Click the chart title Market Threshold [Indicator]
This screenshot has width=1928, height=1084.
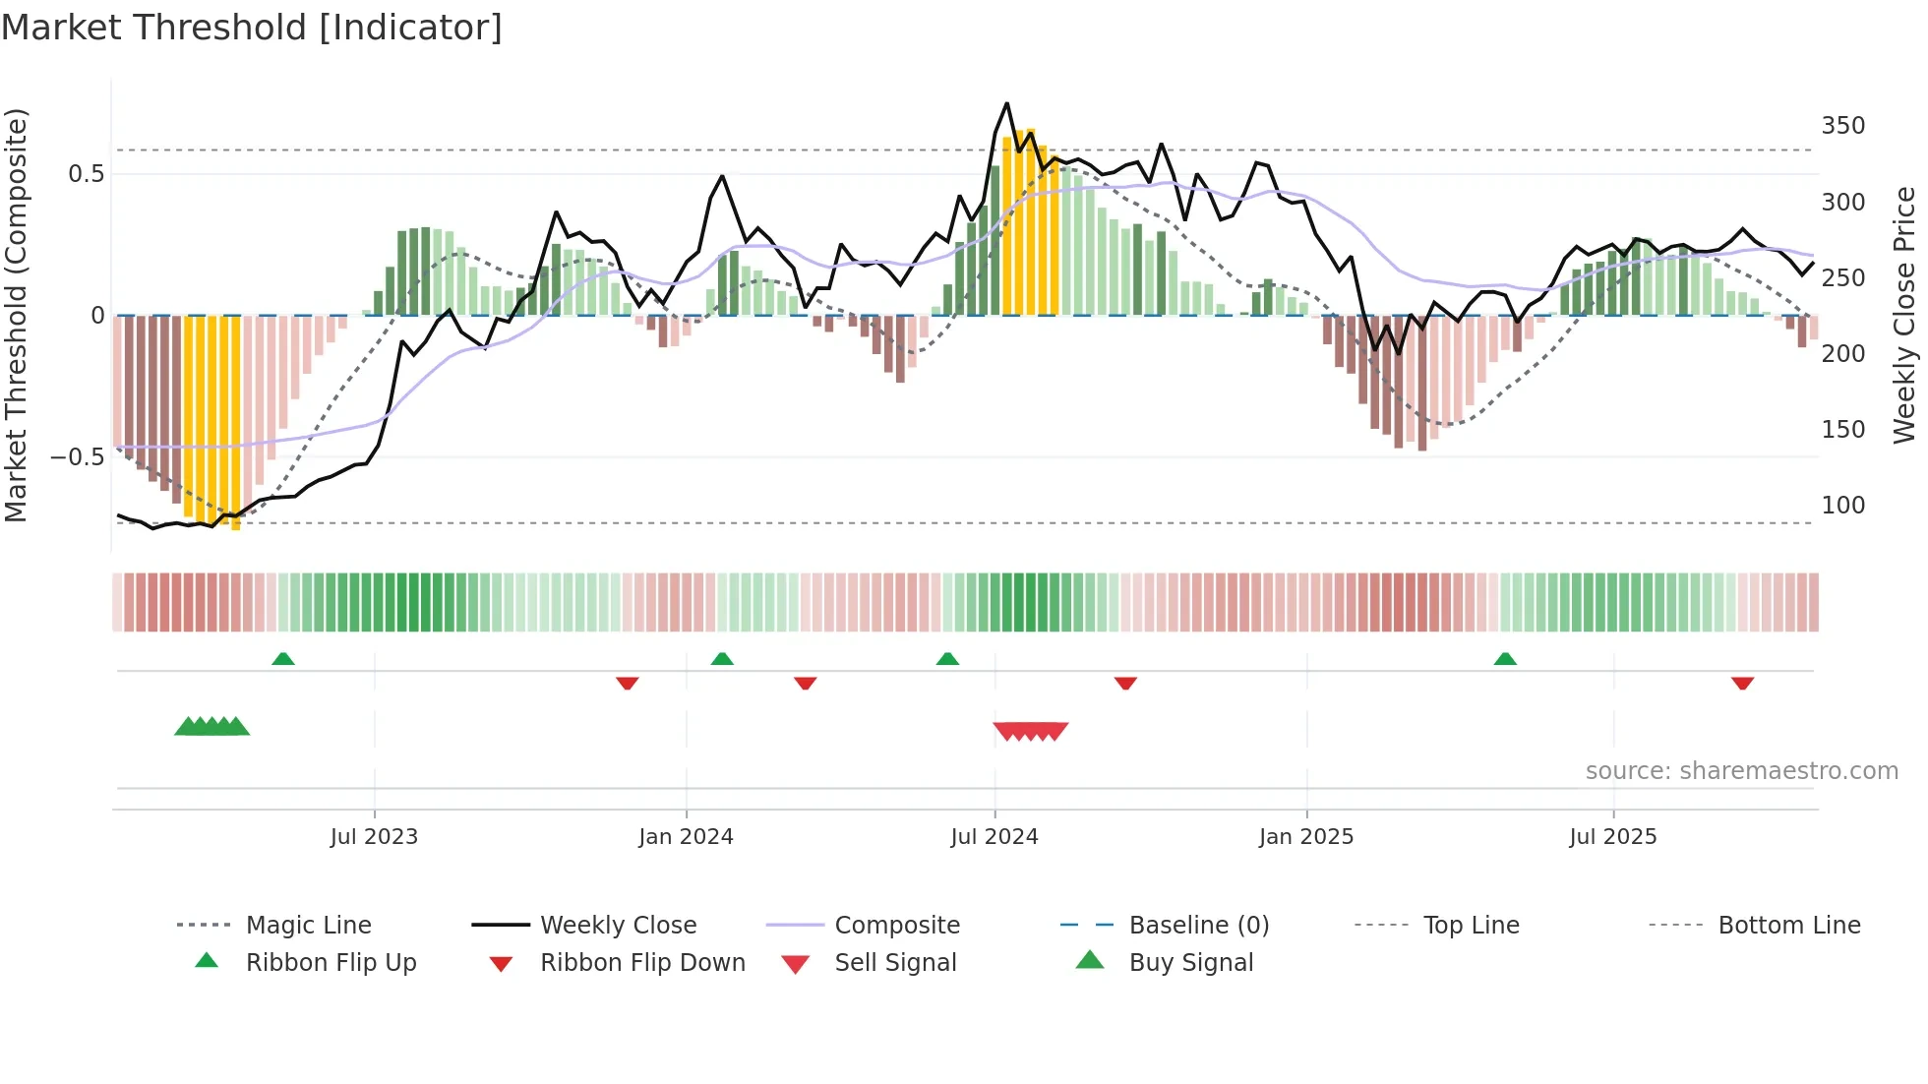coord(252,28)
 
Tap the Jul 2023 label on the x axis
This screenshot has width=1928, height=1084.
coord(374,837)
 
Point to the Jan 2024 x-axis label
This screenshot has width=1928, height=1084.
coord(686,837)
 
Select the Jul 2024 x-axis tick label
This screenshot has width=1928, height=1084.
coord(994,837)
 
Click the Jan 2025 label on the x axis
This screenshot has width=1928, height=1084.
coord(1305,837)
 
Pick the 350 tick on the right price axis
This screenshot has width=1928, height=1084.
coord(1842,126)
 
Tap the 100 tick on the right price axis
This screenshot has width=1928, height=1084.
coord(1842,506)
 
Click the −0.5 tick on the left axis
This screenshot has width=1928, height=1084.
coord(77,457)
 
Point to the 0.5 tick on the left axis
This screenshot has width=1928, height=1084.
coord(86,174)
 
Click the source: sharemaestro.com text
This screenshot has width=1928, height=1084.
coord(1741,771)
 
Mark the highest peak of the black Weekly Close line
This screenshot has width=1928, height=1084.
coord(1006,103)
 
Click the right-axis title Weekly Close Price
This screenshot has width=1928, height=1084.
coord(1904,315)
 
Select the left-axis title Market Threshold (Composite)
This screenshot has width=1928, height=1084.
coord(16,315)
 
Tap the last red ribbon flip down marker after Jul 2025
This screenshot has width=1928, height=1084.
coord(1742,683)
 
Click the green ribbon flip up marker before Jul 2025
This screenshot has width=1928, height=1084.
coord(1504,659)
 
